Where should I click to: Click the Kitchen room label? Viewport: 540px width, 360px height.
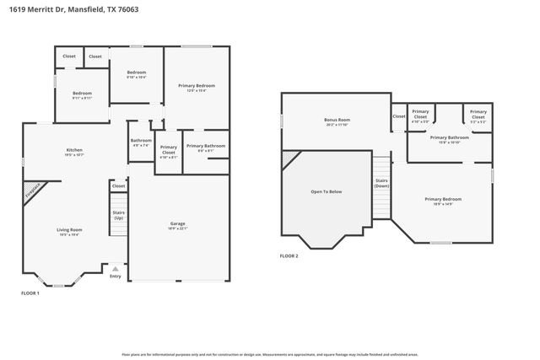point(74,152)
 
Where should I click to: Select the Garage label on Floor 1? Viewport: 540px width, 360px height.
point(178,224)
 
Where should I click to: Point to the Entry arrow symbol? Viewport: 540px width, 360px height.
point(116,269)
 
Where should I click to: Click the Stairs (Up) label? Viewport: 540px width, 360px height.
point(119,215)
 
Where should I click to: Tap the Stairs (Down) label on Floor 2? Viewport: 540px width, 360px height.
point(381,184)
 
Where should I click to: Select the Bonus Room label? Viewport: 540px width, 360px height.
point(337,121)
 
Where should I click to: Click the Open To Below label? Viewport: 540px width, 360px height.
point(327,192)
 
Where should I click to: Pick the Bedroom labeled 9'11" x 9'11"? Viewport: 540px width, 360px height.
point(82,94)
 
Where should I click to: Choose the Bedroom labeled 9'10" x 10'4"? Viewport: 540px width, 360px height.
point(137,74)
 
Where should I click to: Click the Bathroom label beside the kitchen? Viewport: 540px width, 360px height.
point(141,142)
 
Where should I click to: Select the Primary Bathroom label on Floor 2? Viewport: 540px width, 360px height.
point(449,138)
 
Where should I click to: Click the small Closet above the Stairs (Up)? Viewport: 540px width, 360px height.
point(119,185)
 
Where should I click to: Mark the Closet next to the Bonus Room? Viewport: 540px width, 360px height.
point(398,116)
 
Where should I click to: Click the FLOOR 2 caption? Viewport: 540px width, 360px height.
point(290,255)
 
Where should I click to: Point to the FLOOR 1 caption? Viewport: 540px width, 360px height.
point(30,293)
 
